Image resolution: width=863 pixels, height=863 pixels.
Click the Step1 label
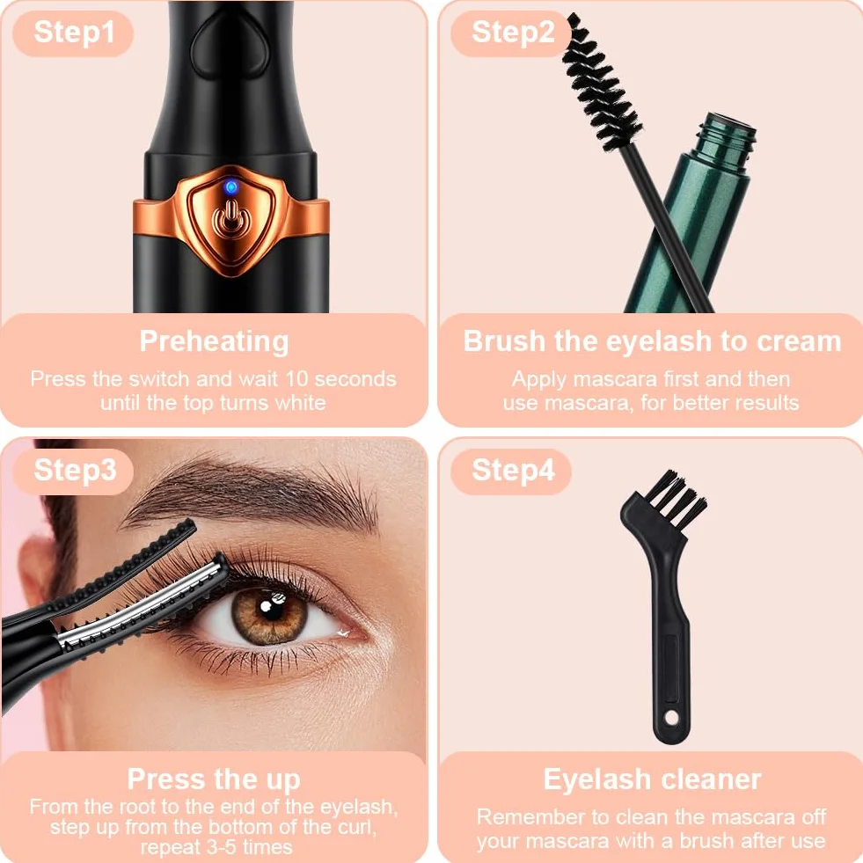[x=74, y=33]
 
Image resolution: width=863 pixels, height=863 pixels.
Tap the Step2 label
[x=512, y=33]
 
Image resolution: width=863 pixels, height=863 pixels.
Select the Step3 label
[x=75, y=472]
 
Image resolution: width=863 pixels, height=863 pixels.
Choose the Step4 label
[x=512, y=472]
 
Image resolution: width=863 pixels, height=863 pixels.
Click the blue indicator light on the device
[x=231, y=187]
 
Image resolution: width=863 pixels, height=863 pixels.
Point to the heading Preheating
[x=214, y=342]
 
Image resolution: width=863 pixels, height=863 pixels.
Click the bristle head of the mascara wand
[x=603, y=83]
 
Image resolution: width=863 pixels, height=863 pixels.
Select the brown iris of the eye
[x=269, y=615]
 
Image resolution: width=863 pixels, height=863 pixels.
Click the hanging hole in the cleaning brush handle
[x=671, y=718]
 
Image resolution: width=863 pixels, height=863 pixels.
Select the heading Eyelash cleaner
[x=652, y=779]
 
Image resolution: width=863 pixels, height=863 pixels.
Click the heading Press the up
[x=214, y=779]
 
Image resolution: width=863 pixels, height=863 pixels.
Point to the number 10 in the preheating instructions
[x=296, y=378]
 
